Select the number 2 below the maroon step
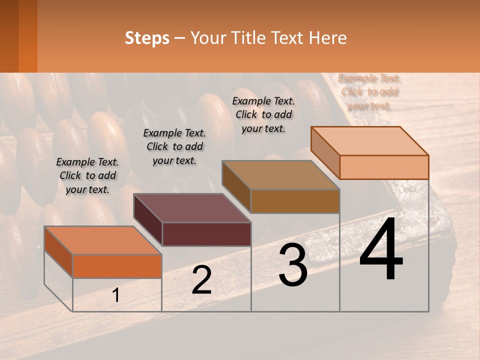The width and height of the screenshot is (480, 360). [x=201, y=280]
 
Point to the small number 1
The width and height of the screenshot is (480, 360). [x=115, y=295]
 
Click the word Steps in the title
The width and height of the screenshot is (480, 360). [x=147, y=38]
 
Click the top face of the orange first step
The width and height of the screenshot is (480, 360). [x=103, y=240]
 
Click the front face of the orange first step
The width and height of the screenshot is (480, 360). [x=117, y=266]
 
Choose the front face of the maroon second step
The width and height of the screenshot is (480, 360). [x=206, y=234]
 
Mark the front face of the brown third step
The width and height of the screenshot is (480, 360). [x=295, y=201]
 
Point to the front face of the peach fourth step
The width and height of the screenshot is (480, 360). [x=384, y=167]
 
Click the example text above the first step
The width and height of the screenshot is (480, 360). [x=87, y=175]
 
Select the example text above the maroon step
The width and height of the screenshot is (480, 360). [x=174, y=146]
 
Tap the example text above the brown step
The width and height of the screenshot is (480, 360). [x=263, y=114]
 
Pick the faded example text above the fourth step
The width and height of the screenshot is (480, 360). [x=369, y=92]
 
